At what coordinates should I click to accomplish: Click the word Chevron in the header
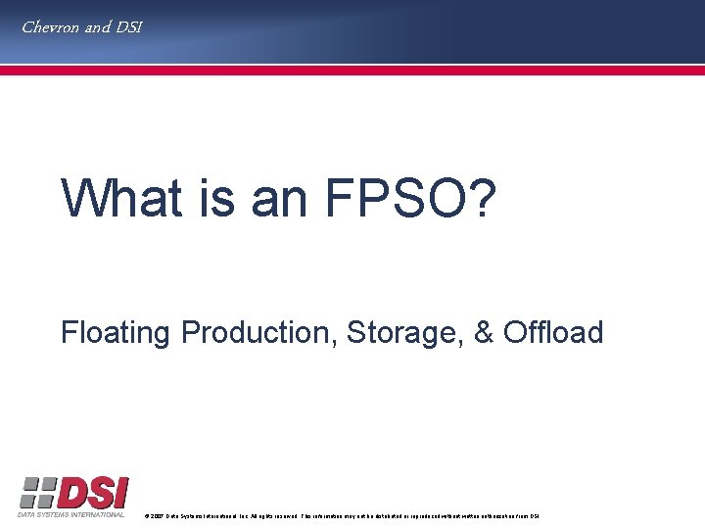[x=51, y=27]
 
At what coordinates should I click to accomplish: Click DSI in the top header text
[x=128, y=27]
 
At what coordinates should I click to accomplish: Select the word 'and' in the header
[x=98, y=27]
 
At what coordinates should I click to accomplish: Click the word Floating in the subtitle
[x=116, y=333]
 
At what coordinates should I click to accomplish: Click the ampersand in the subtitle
[x=484, y=333]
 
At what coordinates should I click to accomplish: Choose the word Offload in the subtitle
[x=553, y=333]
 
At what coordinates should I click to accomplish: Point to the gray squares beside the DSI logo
[x=37, y=492]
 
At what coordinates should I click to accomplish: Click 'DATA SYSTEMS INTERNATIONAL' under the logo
[x=71, y=514]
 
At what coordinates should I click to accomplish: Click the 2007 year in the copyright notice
[x=156, y=515]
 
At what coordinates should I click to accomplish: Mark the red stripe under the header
[x=352, y=71]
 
